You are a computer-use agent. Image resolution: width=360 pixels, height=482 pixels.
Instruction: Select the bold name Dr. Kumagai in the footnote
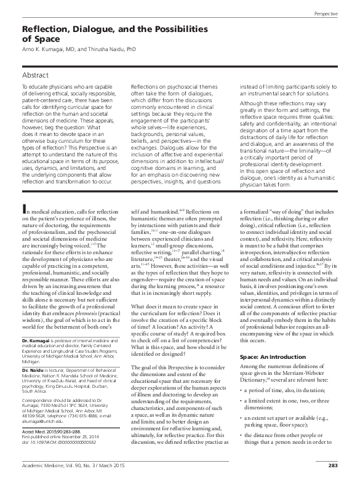(36, 359)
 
